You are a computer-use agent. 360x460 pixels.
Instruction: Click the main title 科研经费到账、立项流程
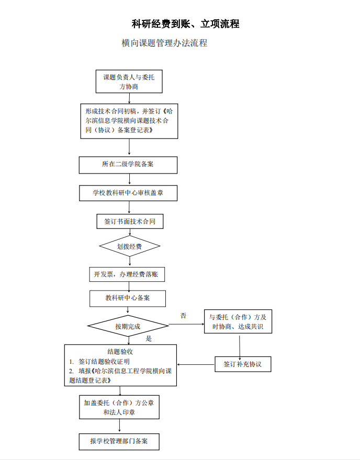(x=185, y=24)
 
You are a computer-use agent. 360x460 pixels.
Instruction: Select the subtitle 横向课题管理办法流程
(x=164, y=43)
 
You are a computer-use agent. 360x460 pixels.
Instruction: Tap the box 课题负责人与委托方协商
(x=129, y=82)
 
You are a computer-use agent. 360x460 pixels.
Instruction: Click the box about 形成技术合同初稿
(x=129, y=121)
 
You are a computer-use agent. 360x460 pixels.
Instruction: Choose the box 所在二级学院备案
(x=128, y=165)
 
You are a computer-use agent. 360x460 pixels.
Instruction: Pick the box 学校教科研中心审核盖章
(x=128, y=193)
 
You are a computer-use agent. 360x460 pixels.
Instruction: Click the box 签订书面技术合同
(x=130, y=221)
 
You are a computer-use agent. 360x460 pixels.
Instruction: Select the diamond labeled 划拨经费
(x=129, y=246)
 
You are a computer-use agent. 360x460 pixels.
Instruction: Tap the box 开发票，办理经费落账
(x=127, y=274)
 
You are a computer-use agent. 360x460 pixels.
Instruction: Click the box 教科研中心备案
(x=128, y=298)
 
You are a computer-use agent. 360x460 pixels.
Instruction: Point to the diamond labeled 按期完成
(x=128, y=326)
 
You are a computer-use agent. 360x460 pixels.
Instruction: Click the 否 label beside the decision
(x=183, y=316)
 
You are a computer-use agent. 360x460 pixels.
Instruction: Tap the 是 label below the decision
(x=149, y=339)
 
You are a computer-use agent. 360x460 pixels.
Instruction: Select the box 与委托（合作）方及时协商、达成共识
(x=238, y=321)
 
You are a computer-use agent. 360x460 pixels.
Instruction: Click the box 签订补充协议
(x=243, y=364)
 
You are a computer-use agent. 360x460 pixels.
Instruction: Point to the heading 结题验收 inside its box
(x=120, y=351)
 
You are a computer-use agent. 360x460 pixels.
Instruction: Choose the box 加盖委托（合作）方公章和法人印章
(x=119, y=407)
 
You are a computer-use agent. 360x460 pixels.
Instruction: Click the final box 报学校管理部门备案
(x=119, y=442)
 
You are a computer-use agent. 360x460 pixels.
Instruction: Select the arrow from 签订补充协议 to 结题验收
(x=196, y=364)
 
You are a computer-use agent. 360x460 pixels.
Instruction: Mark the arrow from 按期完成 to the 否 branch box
(x=186, y=324)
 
